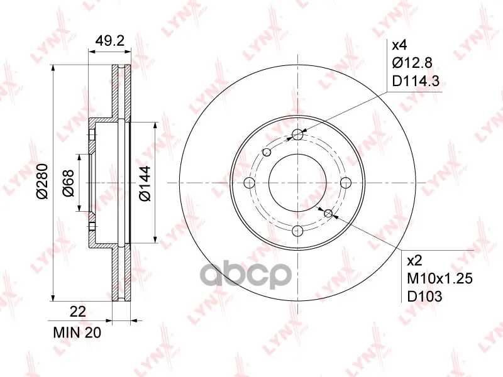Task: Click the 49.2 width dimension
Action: click(x=110, y=41)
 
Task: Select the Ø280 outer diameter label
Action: click(x=42, y=182)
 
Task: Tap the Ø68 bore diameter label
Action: click(x=69, y=183)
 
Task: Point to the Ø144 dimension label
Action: click(x=145, y=183)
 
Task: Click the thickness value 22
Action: click(x=78, y=312)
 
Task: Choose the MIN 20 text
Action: click(x=77, y=332)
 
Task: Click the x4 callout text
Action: click(x=399, y=45)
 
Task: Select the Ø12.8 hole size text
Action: click(x=412, y=63)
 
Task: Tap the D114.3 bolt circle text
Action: click(x=416, y=81)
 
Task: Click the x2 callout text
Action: click(x=414, y=261)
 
